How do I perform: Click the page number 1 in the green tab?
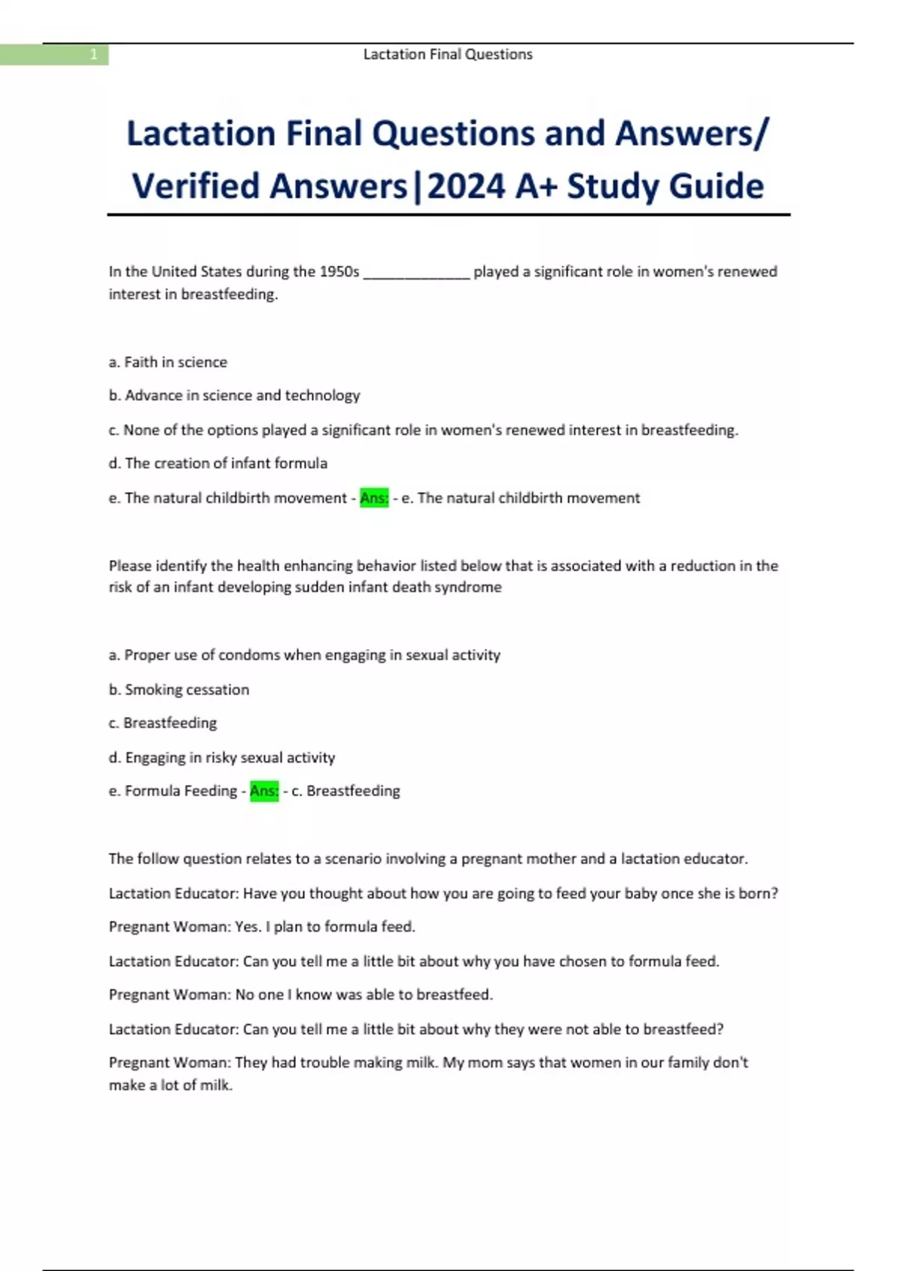click(93, 55)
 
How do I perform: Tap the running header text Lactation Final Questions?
click(448, 55)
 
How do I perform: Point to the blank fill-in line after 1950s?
click(416, 273)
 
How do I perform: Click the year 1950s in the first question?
click(339, 271)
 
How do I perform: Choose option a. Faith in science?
click(168, 362)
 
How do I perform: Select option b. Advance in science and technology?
click(234, 395)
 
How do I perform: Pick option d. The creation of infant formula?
click(218, 463)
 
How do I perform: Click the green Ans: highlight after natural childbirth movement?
click(374, 498)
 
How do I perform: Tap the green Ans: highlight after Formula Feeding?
click(264, 791)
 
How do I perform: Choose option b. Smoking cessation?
click(179, 689)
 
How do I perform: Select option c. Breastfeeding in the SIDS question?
click(163, 723)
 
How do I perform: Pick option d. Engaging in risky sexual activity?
click(222, 757)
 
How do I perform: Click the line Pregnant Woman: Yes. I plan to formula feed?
click(262, 926)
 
